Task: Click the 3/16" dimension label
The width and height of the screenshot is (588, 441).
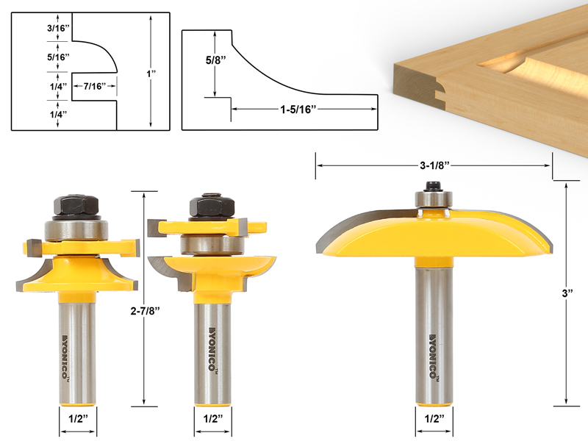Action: pos(57,29)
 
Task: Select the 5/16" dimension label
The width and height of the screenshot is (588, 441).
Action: pos(57,57)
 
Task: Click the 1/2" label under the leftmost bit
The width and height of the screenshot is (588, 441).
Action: pos(77,418)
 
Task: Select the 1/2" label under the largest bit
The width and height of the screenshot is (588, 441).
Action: pos(433,418)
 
